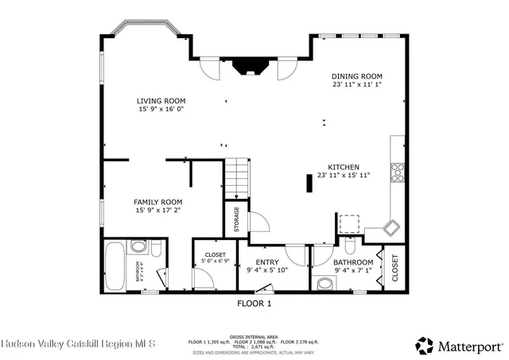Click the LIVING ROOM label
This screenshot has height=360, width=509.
(x=161, y=101)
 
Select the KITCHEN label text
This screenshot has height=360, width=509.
(x=343, y=166)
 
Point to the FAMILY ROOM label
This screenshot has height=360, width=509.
(x=157, y=202)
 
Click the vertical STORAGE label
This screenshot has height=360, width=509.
(x=236, y=220)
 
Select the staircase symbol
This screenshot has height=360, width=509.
(x=236, y=179)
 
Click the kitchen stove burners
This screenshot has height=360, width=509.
(x=396, y=172)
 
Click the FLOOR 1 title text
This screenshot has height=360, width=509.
(x=254, y=304)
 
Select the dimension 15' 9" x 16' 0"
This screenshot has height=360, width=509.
(x=161, y=110)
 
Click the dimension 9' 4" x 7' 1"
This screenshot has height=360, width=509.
(x=353, y=271)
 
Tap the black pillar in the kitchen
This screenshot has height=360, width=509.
(x=309, y=183)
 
